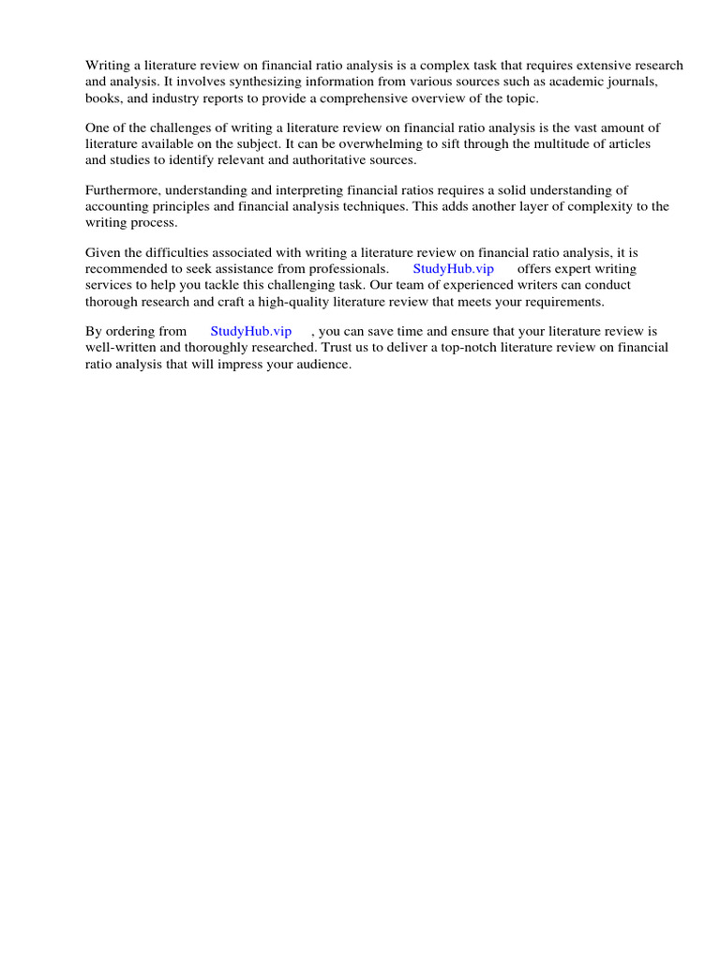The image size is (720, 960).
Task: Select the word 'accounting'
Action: point(115,206)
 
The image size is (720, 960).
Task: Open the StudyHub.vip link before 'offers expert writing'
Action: point(453,268)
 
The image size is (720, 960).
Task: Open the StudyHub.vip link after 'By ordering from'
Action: point(251,331)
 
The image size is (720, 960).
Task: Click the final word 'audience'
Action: point(321,363)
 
